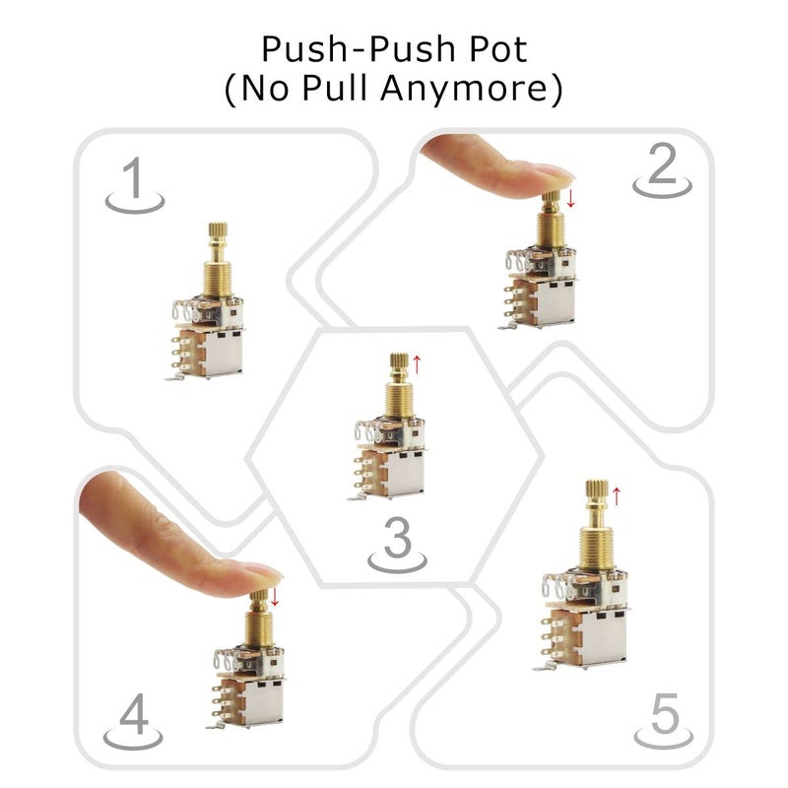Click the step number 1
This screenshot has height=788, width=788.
click(133, 181)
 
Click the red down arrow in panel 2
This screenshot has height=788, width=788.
click(570, 200)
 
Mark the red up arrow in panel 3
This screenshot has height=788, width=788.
click(417, 363)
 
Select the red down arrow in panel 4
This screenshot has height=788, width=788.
click(275, 596)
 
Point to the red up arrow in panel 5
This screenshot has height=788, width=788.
click(617, 493)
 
